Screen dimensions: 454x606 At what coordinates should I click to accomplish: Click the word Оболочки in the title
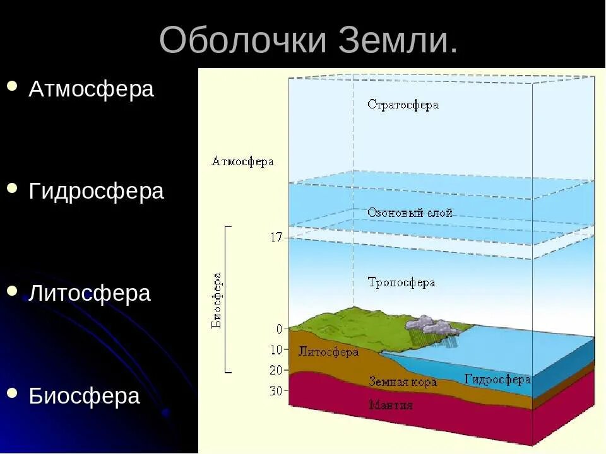[244, 42]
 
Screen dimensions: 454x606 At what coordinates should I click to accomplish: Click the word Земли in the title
[391, 42]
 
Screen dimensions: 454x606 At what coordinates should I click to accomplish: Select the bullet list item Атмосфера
[91, 89]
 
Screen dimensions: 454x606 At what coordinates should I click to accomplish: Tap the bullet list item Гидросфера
[96, 191]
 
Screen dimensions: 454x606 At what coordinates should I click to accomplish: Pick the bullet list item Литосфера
[90, 293]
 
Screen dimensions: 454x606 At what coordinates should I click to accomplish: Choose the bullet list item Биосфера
[84, 396]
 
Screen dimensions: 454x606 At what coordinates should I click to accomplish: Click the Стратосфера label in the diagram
[403, 105]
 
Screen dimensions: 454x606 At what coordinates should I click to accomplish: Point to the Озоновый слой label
[410, 213]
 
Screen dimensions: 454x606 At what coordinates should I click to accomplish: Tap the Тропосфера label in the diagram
[401, 282]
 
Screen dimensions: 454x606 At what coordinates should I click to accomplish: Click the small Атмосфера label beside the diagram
[242, 161]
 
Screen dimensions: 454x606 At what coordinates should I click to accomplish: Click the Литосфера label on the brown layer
[328, 352]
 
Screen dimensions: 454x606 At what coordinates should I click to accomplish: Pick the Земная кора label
[403, 382]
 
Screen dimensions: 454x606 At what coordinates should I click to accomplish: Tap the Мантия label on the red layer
[391, 405]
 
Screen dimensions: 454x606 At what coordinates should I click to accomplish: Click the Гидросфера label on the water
[497, 380]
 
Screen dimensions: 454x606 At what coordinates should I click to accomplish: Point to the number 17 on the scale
[276, 238]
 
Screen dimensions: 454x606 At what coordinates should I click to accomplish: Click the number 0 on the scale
[279, 329]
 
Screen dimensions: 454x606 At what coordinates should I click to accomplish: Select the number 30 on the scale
[276, 391]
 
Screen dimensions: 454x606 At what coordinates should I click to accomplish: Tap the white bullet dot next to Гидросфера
[12, 188]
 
